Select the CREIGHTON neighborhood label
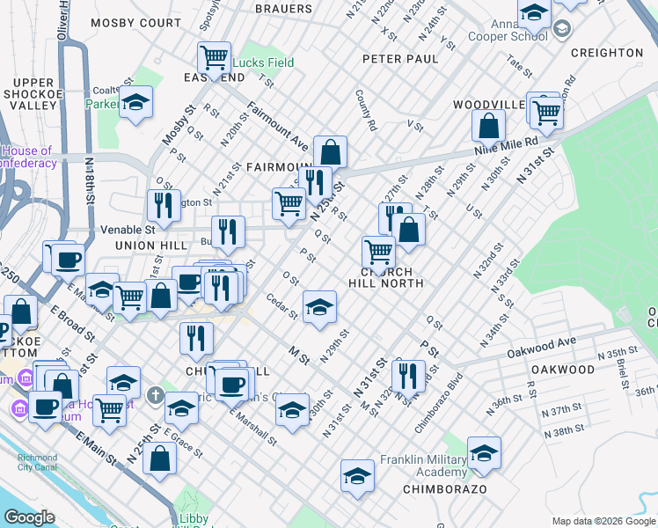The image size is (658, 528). coord(605,53)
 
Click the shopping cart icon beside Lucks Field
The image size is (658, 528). coord(214,59)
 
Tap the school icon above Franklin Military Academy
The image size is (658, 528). coord(483,453)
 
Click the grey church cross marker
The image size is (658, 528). coord(155,393)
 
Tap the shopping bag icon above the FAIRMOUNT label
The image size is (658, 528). coord(330,152)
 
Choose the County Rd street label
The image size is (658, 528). coord(367,110)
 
